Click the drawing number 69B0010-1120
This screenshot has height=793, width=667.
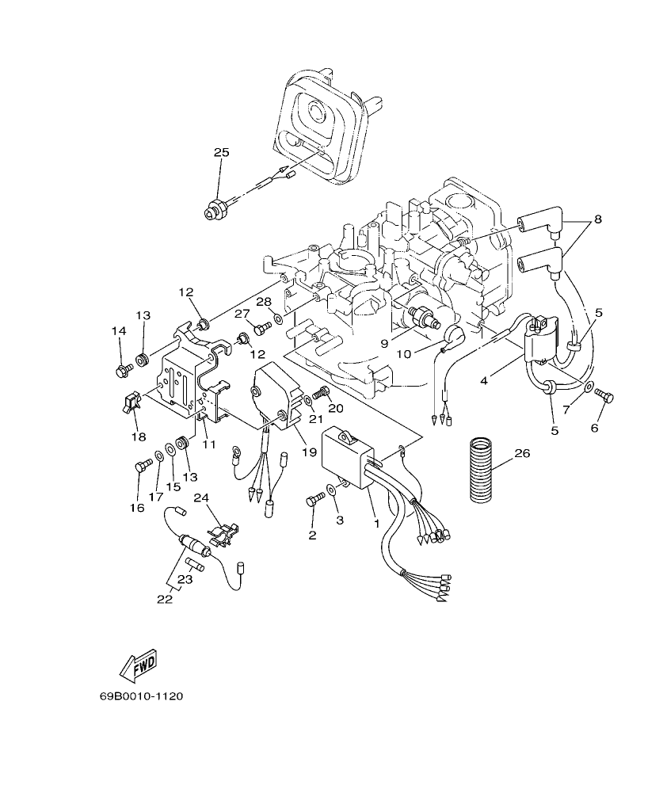pos(142,696)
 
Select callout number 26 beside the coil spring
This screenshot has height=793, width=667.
pos(522,454)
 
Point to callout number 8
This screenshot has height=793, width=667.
pos(597,219)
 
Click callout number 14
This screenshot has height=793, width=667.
pos(118,331)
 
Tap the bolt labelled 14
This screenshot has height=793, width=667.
pos(123,368)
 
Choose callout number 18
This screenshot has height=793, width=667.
pos(139,437)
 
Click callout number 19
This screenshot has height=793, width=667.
pos(309,452)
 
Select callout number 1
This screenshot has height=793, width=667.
pos(377,523)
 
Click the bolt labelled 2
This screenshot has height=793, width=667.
pos(314,500)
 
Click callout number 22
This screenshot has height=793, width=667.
pos(164,599)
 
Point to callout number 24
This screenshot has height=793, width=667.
pos(200,498)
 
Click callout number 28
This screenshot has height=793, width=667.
pos(264,302)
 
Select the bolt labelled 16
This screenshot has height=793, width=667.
pos(143,467)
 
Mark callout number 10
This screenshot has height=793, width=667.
pos(404,354)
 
